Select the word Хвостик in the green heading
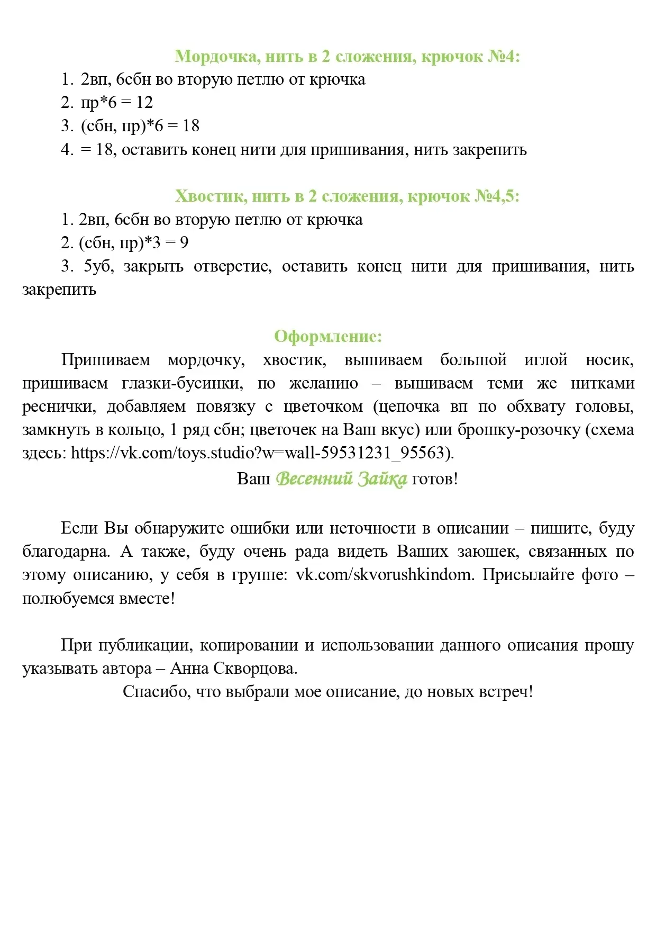[211, 196]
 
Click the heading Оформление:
[328, 336]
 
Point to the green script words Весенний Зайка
[341, 479]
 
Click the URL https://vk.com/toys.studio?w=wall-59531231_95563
[262, 453]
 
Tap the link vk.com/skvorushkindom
[384, 575]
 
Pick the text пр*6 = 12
[116, 103]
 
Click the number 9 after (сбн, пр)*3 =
[184, 243]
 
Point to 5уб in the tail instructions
[98, 266]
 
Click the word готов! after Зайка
[435, 479]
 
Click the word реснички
[59, 407]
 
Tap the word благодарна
[66, 552]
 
